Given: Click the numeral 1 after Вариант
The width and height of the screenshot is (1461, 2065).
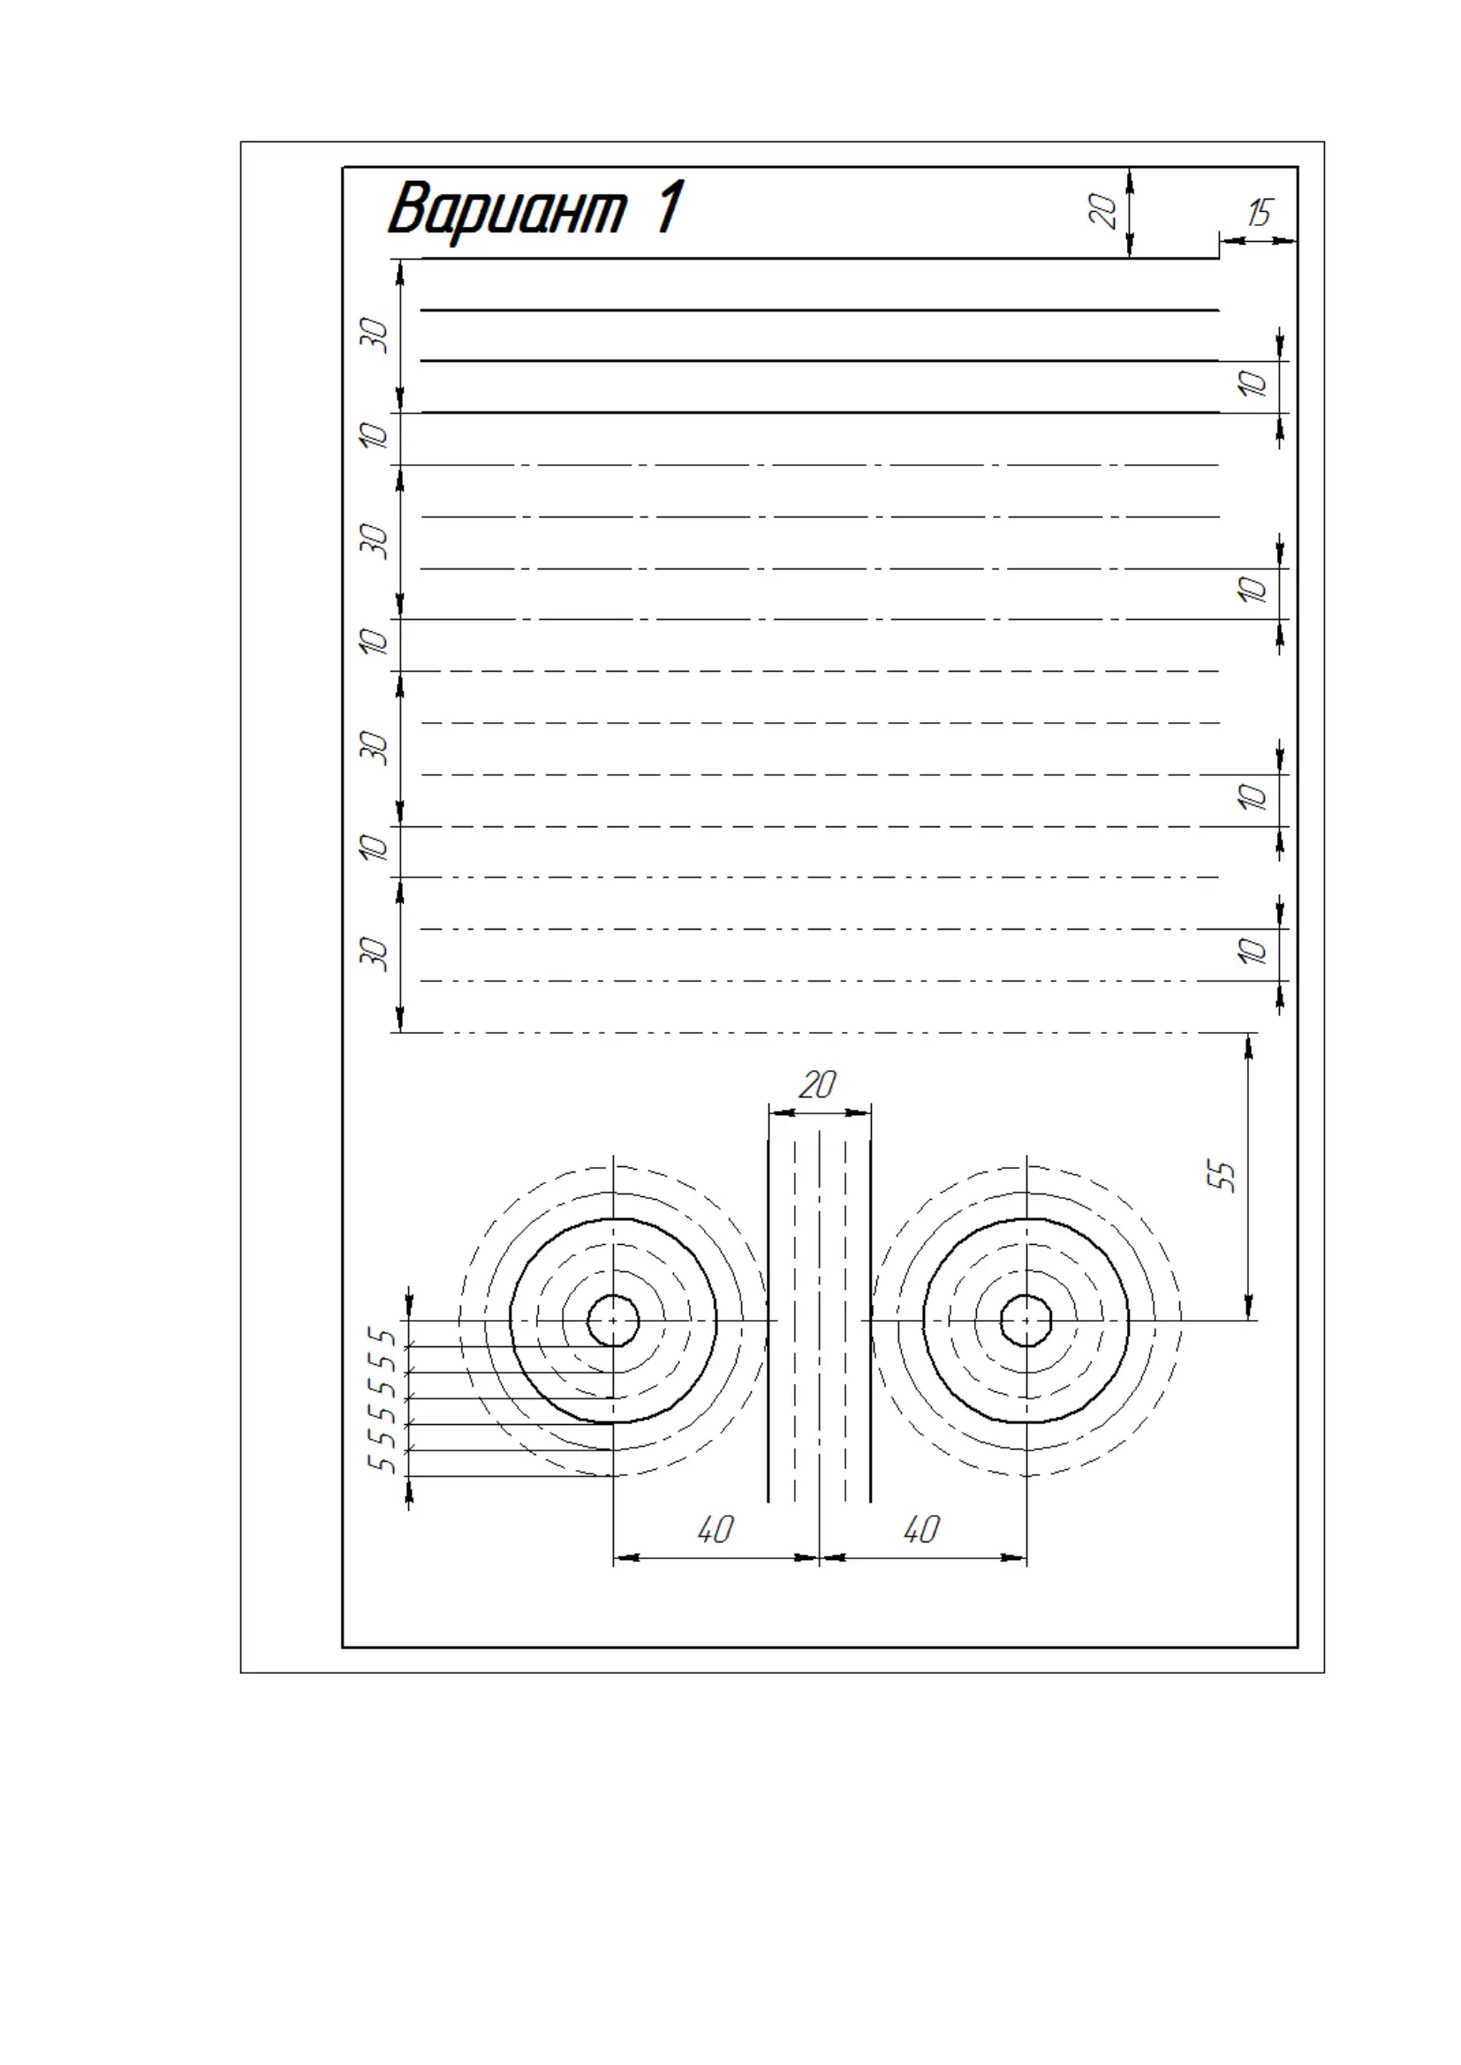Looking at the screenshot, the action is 669,206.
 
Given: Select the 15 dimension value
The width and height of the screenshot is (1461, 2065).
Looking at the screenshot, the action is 1260,212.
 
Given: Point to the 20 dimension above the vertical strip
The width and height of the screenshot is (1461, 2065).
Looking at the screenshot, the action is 818,1085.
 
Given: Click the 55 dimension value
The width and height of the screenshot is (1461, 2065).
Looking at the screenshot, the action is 1221,1175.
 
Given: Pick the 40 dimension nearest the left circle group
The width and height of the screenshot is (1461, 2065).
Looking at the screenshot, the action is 716,1529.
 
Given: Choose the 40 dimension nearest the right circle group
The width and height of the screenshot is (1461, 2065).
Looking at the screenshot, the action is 922,1529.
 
